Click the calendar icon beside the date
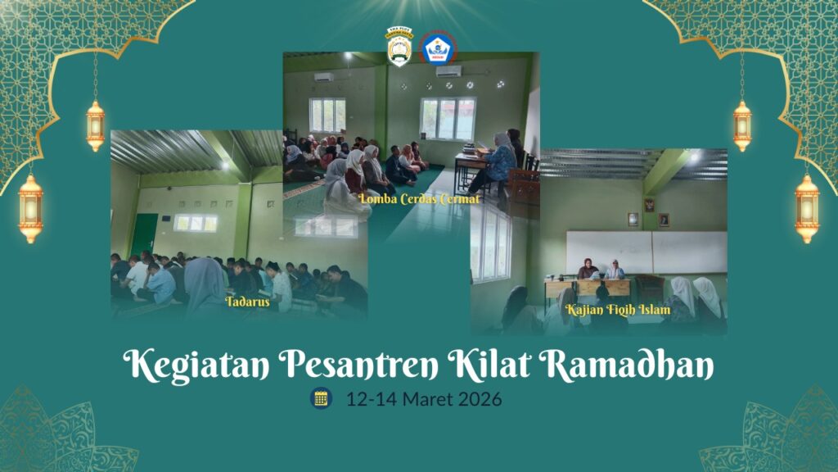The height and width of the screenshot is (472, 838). pos(321,399)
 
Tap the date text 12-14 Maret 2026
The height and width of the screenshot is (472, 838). pos(423,400)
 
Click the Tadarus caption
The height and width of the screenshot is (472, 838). pos(248,302)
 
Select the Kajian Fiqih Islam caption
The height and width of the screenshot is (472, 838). pos(618,310)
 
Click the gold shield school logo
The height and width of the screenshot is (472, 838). pos(399,47)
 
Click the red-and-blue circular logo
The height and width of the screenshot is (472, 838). pos(439,47)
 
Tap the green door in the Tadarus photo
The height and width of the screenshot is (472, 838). pos(144,235)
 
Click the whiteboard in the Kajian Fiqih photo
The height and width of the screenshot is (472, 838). pos(647,252)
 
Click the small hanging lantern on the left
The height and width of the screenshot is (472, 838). pos(95,125)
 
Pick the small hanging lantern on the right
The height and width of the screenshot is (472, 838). pos(741,125)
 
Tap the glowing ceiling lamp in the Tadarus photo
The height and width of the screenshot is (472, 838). pos(224,165)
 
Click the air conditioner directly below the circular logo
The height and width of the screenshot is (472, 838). pos(448,71)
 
